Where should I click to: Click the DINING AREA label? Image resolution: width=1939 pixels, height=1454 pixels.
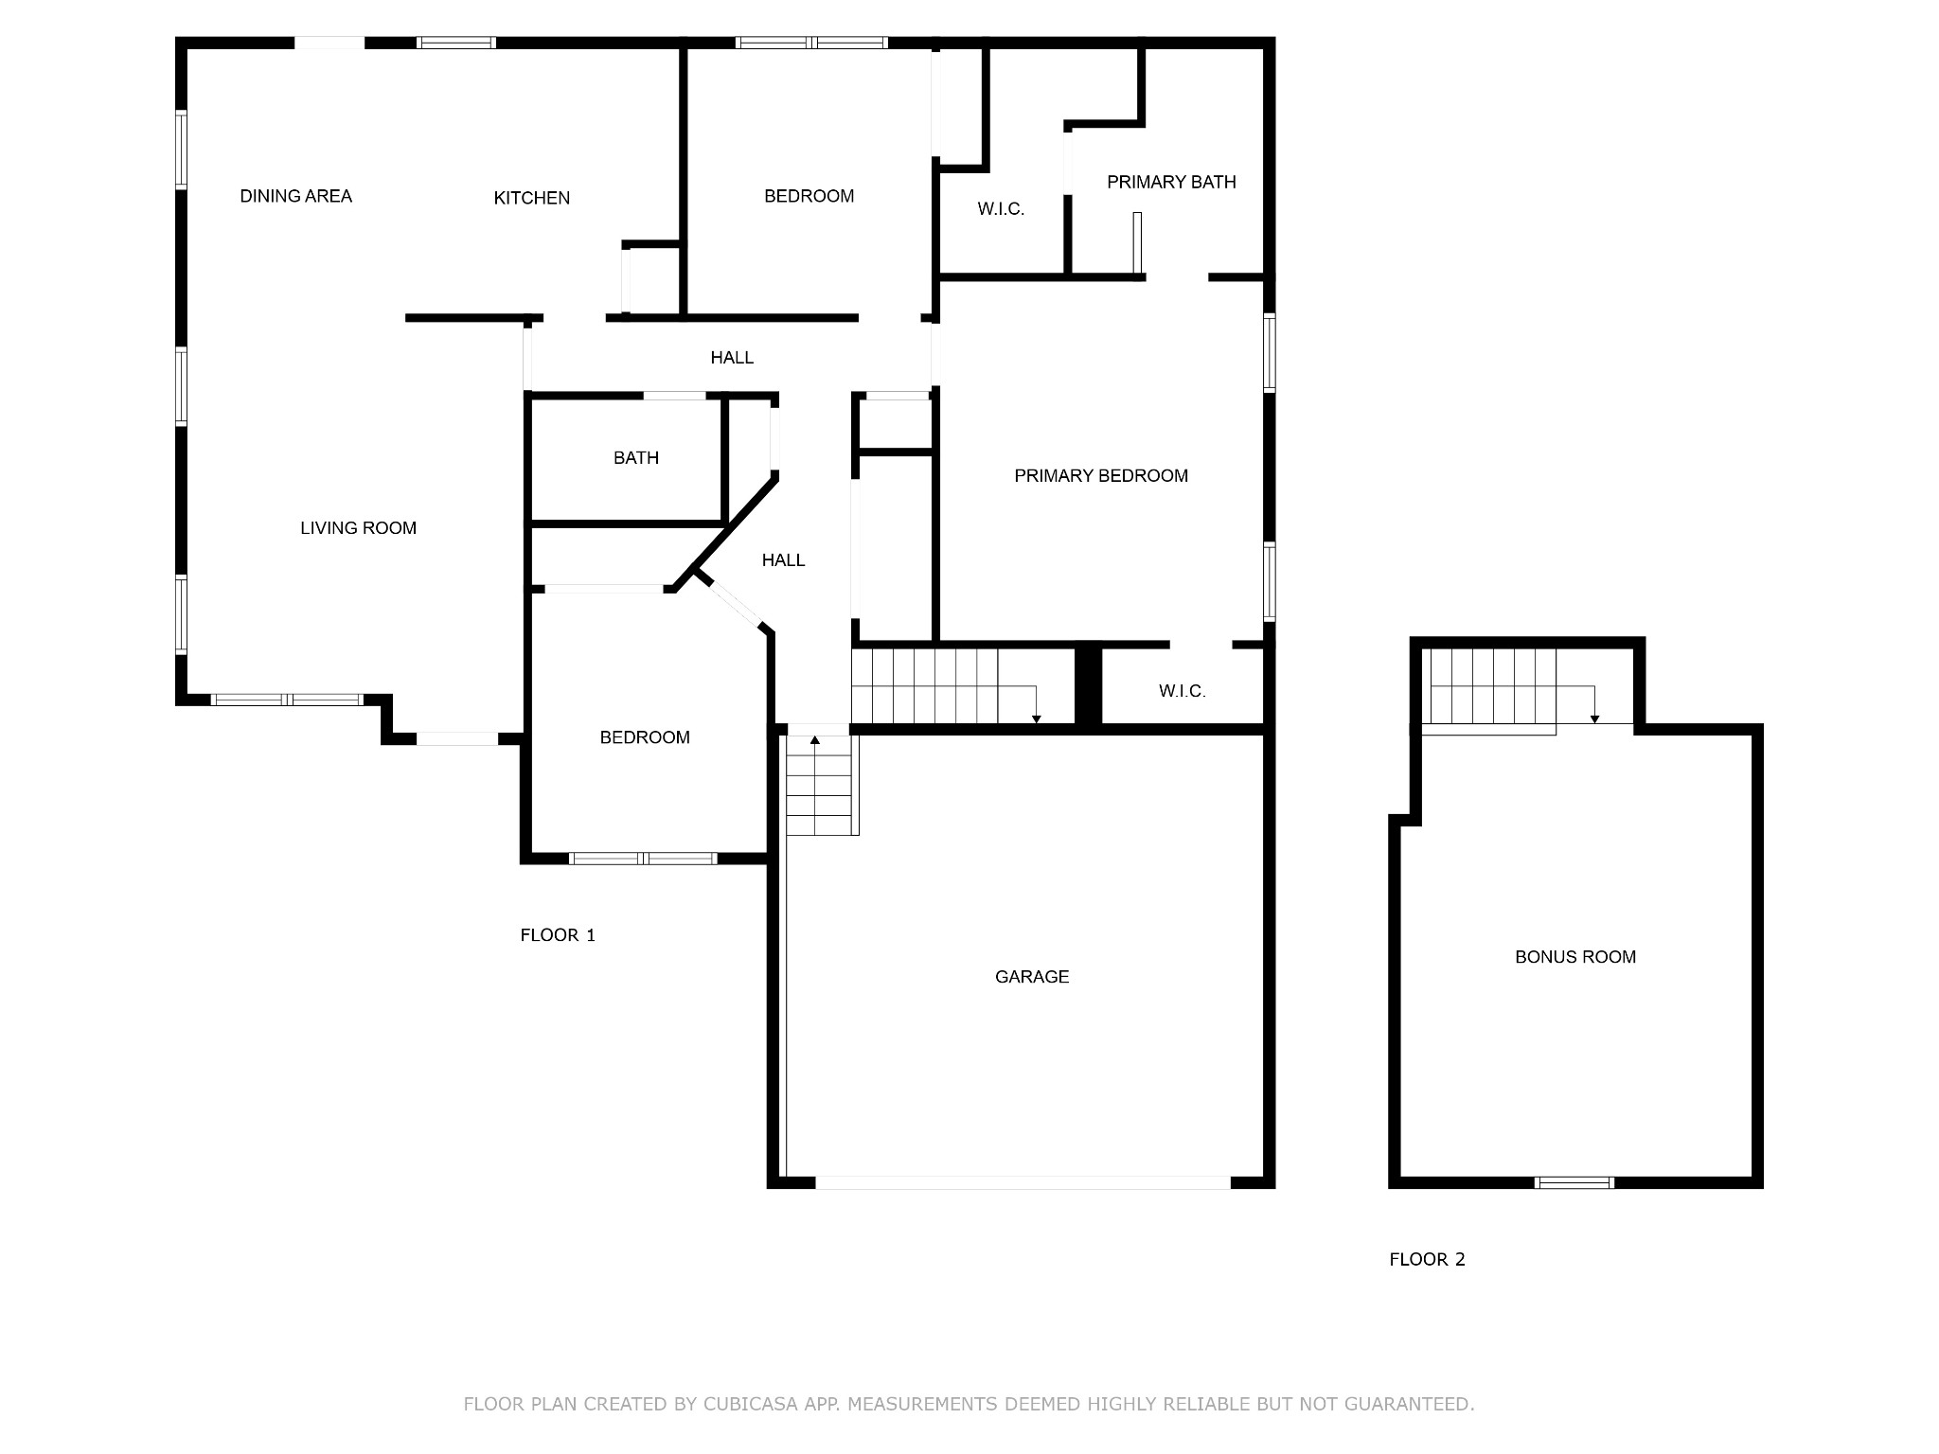(x=295, y=196)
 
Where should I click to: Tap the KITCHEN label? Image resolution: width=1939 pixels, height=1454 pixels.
(x=532, y=198)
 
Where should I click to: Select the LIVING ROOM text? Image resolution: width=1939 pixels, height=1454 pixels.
(x=358, y=528)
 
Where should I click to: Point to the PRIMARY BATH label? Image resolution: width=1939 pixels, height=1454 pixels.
(x=1171, y=182)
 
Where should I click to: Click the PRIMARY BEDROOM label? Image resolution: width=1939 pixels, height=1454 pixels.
(x=1101, y=476)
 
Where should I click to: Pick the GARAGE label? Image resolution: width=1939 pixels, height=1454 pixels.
(x=1032, y=977)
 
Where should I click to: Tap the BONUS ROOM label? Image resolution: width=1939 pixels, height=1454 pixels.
(x=1575, y=957)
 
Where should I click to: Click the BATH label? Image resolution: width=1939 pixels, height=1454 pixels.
(x=636, y=458)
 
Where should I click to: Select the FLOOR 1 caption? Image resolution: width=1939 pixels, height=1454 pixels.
(x=558, y=935)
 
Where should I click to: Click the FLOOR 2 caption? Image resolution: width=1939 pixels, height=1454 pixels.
(x=1427, y=1259)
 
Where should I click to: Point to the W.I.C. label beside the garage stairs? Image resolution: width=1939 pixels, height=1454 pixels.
(x=1183, y=691)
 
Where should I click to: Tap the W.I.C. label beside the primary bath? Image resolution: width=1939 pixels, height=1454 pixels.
(x=1001, y=209)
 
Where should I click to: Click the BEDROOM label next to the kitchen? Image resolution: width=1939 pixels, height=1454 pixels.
(x=809, y=196)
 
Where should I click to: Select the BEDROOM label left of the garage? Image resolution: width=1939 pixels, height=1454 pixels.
(x=645, y=737)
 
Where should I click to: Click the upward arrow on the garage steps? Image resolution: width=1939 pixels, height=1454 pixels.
(x=815, y=739)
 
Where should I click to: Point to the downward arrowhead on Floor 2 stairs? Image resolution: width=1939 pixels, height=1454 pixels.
(x=1594, y=719)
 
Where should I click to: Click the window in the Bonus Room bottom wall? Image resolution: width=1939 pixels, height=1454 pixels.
(x=1574, y=1182)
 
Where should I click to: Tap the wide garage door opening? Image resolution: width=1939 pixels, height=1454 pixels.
(x=1023, y=1182)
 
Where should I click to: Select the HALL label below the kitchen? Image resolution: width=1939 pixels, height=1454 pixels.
(x=732, y=358)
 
